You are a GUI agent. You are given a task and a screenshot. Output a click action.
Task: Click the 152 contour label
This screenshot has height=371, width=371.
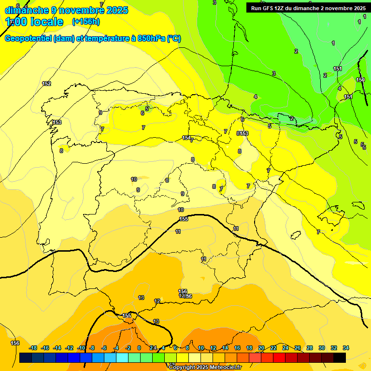(46, 84)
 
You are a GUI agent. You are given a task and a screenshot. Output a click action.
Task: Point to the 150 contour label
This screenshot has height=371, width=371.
(360, 80)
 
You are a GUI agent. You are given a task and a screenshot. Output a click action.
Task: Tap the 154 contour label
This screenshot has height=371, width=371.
(186, 138)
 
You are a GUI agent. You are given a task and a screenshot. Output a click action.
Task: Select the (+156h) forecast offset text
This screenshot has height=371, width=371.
(86, 22)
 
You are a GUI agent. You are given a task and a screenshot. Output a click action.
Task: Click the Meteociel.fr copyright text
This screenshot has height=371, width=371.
(221, 368)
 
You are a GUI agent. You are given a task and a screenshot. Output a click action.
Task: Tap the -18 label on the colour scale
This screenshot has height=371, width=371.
(33, 348)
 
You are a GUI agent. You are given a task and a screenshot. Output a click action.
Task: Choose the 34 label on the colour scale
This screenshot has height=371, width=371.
(346, 348)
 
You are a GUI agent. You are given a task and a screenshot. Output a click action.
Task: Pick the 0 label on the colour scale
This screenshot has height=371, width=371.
(139, 348)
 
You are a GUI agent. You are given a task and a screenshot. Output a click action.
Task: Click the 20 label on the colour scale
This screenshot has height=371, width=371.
(261, 348)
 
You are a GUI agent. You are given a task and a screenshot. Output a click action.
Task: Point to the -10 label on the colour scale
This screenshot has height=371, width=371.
(81, 348)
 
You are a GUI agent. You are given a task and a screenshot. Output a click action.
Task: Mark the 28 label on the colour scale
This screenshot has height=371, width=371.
(310, 348)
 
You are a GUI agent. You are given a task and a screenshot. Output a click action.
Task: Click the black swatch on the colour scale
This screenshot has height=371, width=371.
(340, 357)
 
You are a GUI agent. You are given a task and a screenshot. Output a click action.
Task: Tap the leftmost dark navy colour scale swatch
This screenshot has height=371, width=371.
(26, 357)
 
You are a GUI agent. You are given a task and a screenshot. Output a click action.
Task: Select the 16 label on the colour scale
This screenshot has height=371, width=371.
(237, 348)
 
